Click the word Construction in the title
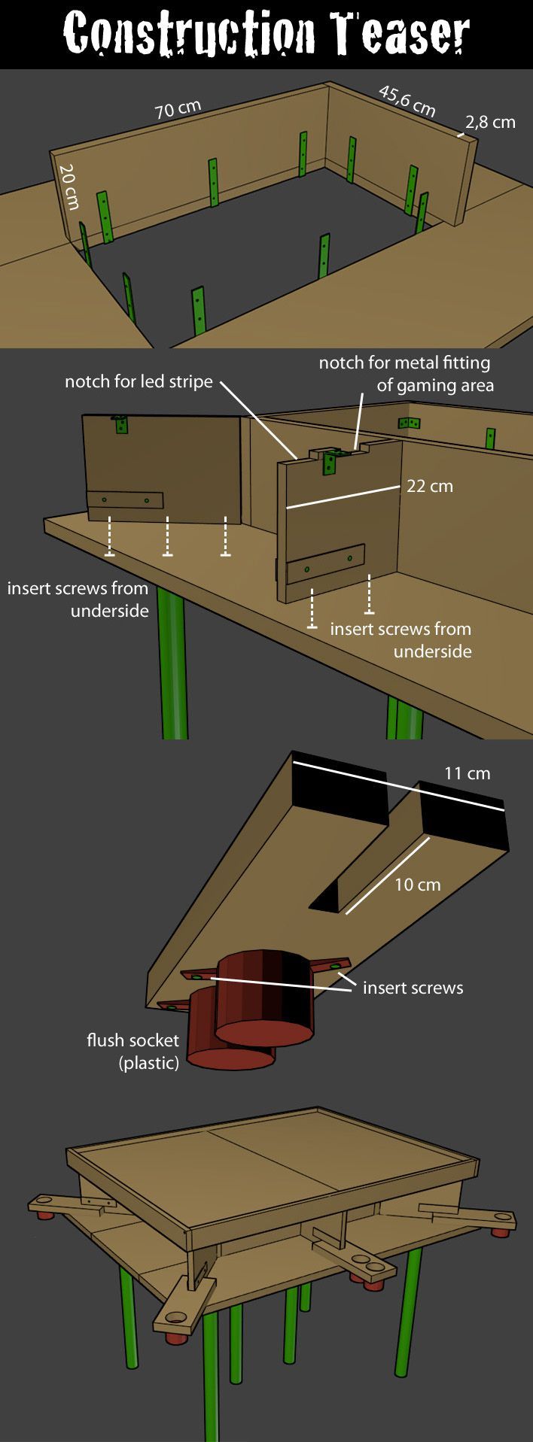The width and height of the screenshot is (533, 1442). tap(189, 34)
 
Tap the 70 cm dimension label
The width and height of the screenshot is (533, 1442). tap(178, 110)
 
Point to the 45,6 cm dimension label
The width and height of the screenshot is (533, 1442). tap(407, 102)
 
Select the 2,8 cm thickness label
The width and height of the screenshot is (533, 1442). tap(491, 122)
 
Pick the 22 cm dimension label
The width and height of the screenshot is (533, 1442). tap(430, 486)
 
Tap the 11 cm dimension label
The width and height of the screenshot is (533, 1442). tap(467, 773)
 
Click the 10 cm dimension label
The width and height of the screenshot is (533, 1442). tap(417, 885)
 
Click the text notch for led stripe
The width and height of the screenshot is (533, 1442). tap(139, 381)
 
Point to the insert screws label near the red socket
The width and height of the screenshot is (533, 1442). tap(413, 988)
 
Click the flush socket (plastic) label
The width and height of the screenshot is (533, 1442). tap(133, 1051)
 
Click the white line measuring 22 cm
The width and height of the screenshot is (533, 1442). tap(343, 497)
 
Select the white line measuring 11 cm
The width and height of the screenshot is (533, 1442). tap(398, 786)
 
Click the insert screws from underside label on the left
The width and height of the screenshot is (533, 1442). tap(78, 599)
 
